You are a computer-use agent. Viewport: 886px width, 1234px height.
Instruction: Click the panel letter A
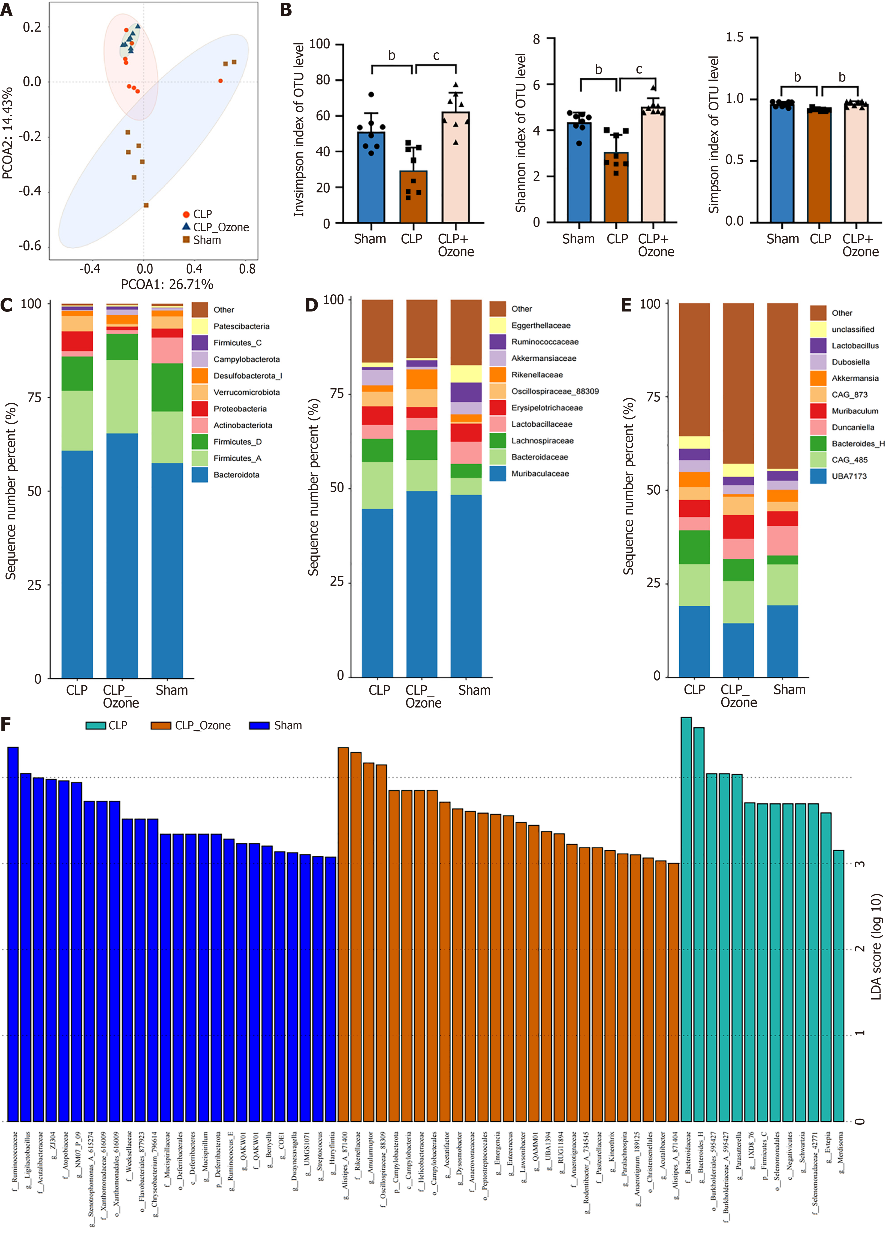[7, 10]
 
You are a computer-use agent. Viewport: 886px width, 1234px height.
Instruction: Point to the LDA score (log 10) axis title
[876, 947]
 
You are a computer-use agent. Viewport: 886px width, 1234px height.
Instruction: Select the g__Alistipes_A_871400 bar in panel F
[343, 936]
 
